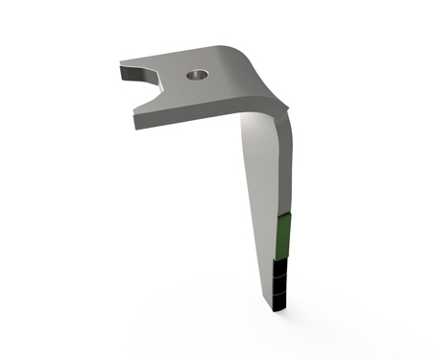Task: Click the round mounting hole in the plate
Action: pos(197,73)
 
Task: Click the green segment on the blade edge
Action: pos(283,236)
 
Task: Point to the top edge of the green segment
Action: pos(284,217)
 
